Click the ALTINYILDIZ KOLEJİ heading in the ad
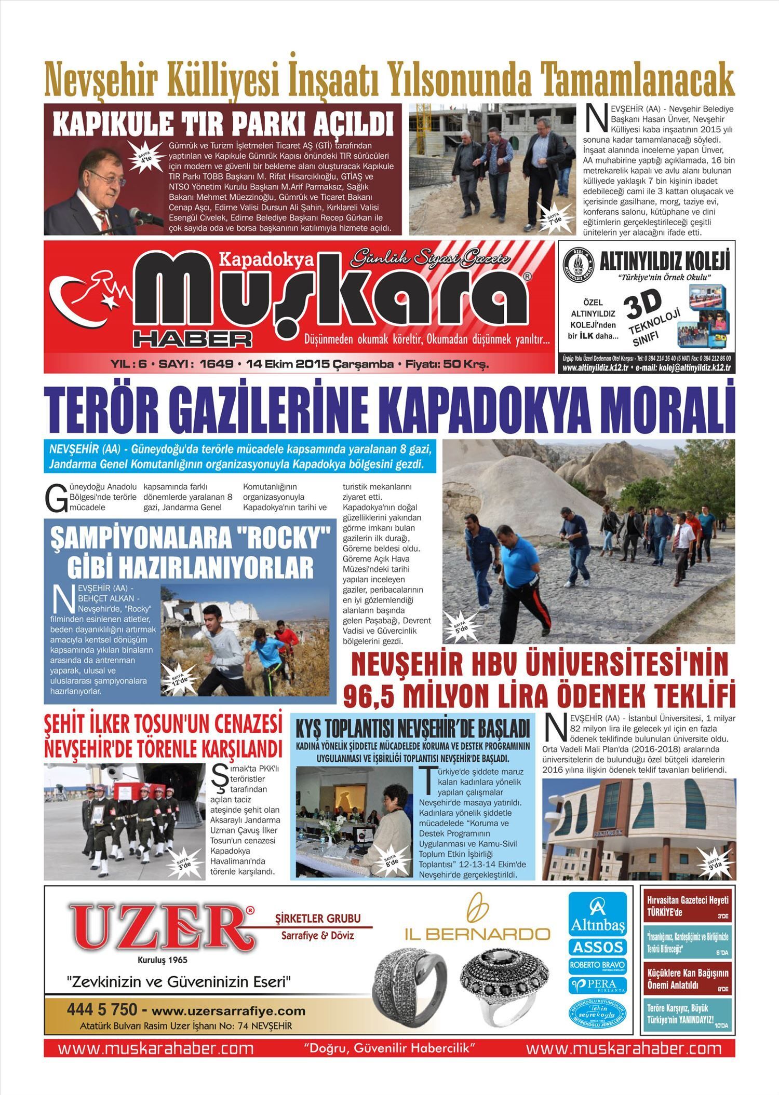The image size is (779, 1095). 665,261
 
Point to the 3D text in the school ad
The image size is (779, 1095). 643,306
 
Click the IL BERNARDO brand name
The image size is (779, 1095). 477,934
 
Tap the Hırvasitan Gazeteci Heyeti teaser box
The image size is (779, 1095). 688,906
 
